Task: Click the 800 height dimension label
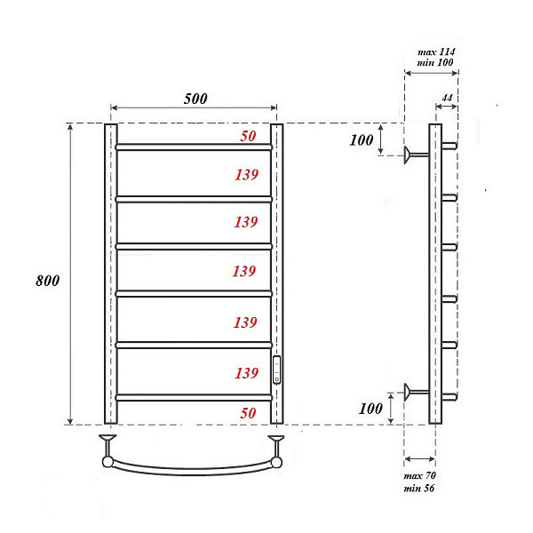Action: coord(48,281)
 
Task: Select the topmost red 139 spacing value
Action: coord(246,174)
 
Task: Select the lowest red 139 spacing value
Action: coord(246,372)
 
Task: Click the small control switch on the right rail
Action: coord(277,369)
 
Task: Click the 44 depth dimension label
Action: coord(447,97)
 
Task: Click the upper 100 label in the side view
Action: coord(361,141)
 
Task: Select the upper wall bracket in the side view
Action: coord(414,155)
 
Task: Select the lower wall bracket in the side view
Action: coord(414,391)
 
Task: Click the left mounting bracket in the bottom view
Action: coord(107,449)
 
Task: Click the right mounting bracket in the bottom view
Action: coord(277,449)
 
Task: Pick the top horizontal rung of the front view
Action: coord(193,147)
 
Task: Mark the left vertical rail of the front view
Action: coord(111,275)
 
